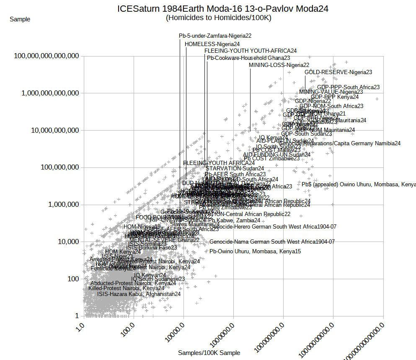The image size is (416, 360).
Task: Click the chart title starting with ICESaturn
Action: (222, 9)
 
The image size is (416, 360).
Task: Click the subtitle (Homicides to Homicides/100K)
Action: (218, 18)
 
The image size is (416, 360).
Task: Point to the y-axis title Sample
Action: (20, 19)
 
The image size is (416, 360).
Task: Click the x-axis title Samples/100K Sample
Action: (209, 353)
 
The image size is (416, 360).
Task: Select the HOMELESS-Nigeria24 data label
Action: (212, 44)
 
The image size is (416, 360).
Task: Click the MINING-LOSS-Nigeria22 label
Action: (279, 65)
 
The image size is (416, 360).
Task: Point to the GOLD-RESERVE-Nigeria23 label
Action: (338, 72)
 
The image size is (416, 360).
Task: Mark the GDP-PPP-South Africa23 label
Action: (348, 87)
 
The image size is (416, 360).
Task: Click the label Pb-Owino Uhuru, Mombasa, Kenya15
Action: (255, 252)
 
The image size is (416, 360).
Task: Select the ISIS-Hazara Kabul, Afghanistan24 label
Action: (139, 294)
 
